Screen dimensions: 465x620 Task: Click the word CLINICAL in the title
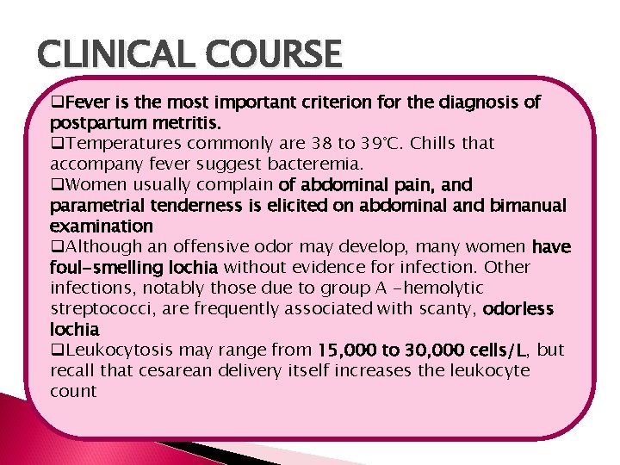[112, 56]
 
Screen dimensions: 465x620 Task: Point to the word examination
[102, 226]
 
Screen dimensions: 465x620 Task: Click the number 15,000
[346, 350]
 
